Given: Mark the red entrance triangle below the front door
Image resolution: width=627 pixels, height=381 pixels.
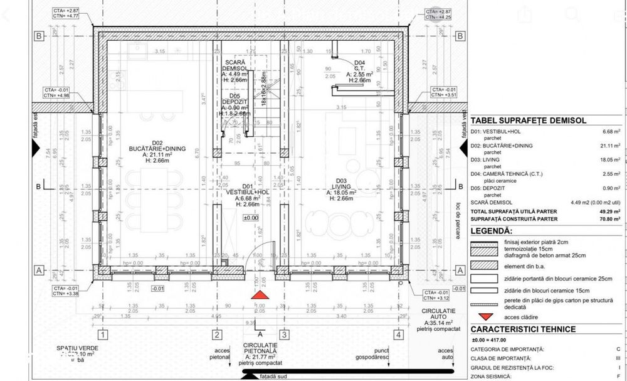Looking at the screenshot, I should pos(258,294).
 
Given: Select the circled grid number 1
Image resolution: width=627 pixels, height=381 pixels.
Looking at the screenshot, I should pos(104,335).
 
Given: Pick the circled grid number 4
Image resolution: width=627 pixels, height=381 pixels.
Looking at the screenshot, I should pos(398,335).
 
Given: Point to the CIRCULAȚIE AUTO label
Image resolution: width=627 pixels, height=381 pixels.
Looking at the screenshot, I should pos(436,314).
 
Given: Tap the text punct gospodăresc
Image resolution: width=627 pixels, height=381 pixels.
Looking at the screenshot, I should pos(372,353).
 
